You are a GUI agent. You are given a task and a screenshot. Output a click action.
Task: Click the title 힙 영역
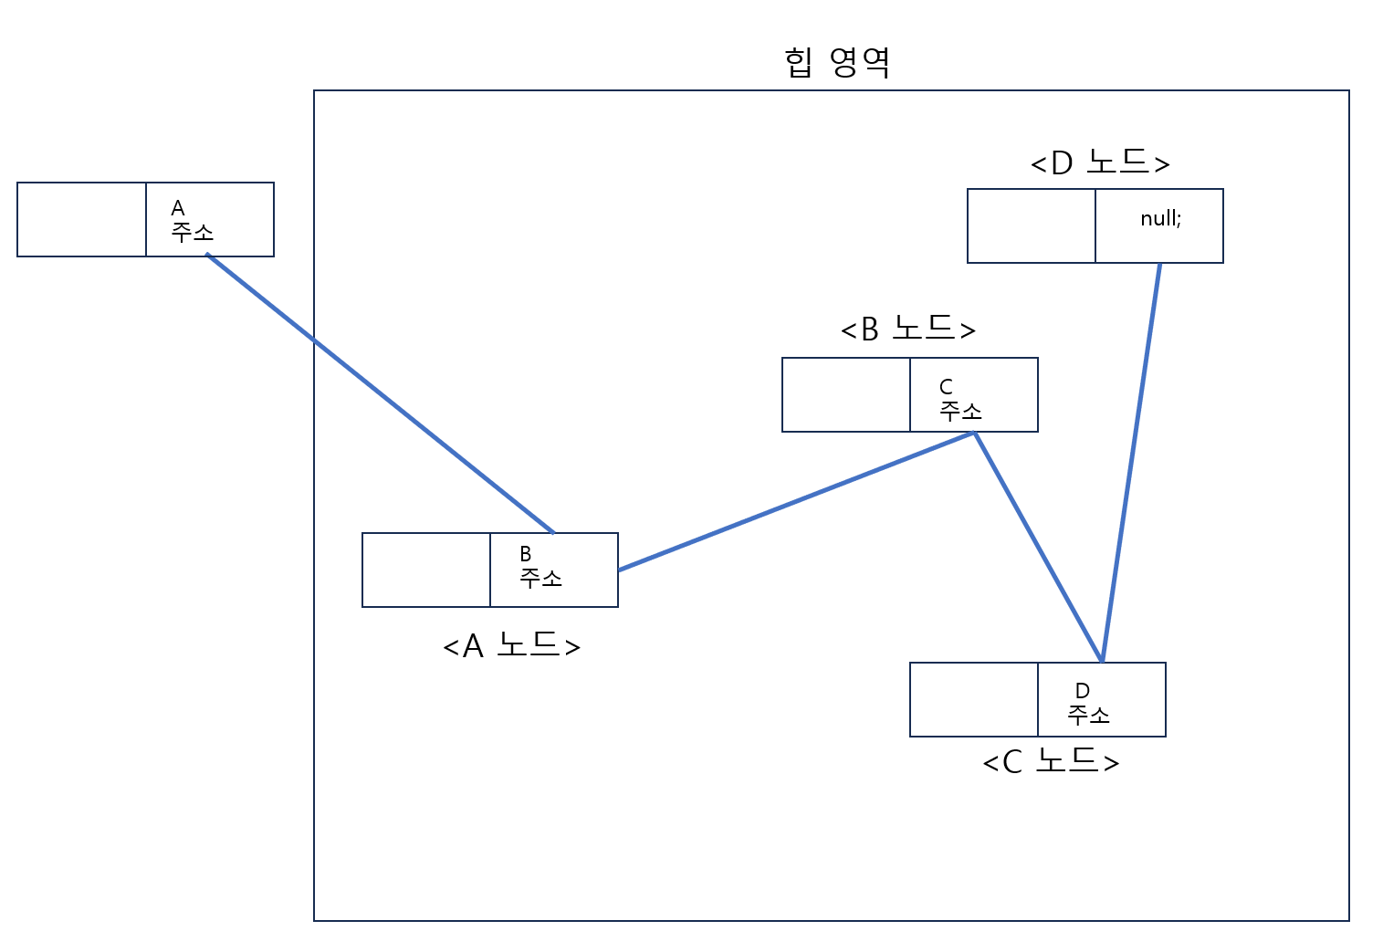[836, 62]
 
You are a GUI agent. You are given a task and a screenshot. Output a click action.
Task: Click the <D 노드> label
[1100, 162]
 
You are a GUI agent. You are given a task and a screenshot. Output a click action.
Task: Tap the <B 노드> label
[908, 329]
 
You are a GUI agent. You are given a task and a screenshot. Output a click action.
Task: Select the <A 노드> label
[511, 645]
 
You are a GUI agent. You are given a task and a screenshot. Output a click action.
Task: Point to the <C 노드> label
[1051, 761]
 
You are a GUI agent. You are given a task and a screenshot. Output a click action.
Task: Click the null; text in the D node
[1160, 218]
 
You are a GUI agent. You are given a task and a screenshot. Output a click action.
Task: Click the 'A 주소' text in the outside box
[192, 220]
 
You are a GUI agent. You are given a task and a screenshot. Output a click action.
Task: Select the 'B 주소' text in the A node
[540, 567]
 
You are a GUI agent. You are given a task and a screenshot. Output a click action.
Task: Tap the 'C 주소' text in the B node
[960, 400]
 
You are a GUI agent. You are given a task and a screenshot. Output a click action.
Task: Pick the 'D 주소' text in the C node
[1088, 703]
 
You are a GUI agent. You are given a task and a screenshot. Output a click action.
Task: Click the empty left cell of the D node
[1032, 226]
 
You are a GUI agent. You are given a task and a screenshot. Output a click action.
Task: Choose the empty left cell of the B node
[846, 395]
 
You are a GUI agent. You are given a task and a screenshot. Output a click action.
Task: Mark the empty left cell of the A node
[426, 570]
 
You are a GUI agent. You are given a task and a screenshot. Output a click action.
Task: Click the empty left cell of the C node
[974, 700]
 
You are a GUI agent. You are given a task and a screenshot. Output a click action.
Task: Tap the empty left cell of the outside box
[82, 220]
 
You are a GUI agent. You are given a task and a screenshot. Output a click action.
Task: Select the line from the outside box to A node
[381, 393]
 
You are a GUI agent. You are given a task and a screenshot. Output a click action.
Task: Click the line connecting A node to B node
[796, 501]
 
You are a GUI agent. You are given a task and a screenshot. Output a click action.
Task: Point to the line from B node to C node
[1039, 548]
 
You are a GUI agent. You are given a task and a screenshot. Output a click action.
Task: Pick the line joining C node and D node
[1131, 462]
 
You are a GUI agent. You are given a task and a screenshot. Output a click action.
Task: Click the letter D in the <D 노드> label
[1061, 163]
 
